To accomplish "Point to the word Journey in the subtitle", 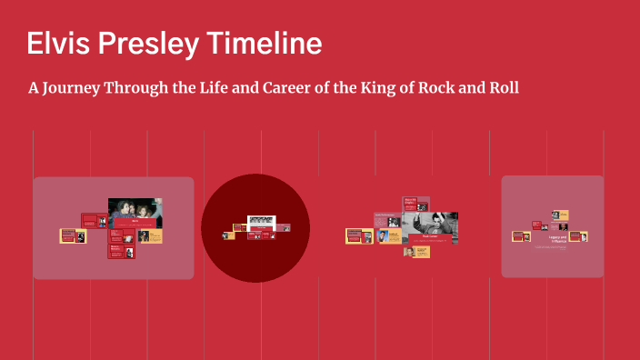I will pyautogui.click(x=75, y=88).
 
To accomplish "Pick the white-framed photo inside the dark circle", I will pyautogui.click(x=261, y=221).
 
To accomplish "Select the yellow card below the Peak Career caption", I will pyautogui.click(x=416, y=252).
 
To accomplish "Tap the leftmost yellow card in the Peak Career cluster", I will pyautogui.click(x=358, y=236).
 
